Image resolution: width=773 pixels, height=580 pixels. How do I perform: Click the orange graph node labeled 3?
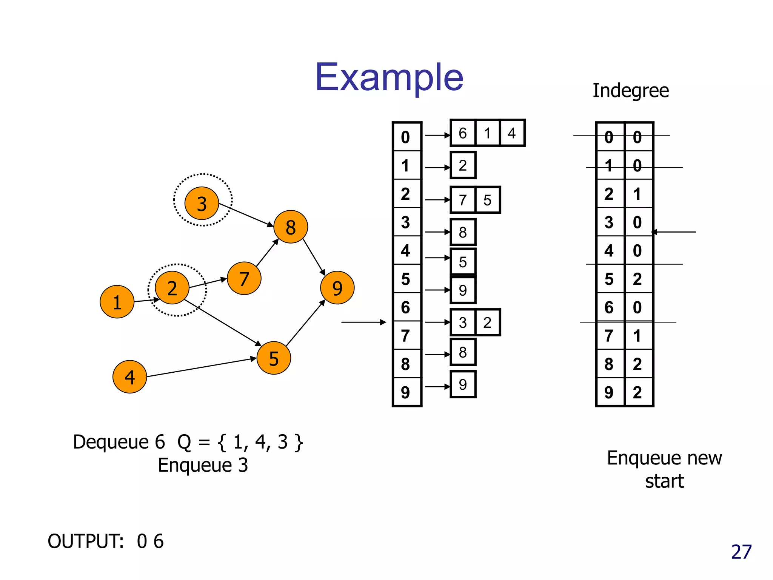coord(202,204)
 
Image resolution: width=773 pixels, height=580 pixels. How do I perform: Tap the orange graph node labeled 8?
coord(290,227)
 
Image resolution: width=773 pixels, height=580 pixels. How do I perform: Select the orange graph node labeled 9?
coord(337,288)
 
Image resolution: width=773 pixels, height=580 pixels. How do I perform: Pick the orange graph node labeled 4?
coord(129,377)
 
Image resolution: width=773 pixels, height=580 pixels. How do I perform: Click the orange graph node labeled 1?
coord(117,302)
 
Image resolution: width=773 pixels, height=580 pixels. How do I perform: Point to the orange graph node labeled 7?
coord(244,279)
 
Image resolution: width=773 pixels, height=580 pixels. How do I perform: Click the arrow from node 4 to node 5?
coord(200,367)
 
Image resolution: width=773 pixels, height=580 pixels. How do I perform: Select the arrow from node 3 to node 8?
coord(245,214)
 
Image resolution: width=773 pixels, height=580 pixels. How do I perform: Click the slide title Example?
coord(389,77)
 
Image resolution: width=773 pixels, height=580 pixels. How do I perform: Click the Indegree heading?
coord(630,91)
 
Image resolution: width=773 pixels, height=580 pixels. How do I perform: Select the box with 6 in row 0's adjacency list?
coord(463,133)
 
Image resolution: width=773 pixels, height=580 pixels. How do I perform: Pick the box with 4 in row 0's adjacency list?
coord(512,133)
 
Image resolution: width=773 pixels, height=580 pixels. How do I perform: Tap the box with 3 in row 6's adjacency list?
coord(463,322)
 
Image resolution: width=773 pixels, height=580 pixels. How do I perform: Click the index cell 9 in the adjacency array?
coord(406,392)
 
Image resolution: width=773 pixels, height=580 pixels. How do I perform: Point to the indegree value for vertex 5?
coord(637,279)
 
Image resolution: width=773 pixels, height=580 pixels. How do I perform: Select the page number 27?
coord(741,552)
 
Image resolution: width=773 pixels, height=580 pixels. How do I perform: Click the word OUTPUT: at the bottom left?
coord(86,541)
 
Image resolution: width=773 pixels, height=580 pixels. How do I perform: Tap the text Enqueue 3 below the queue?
coord(203,465)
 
